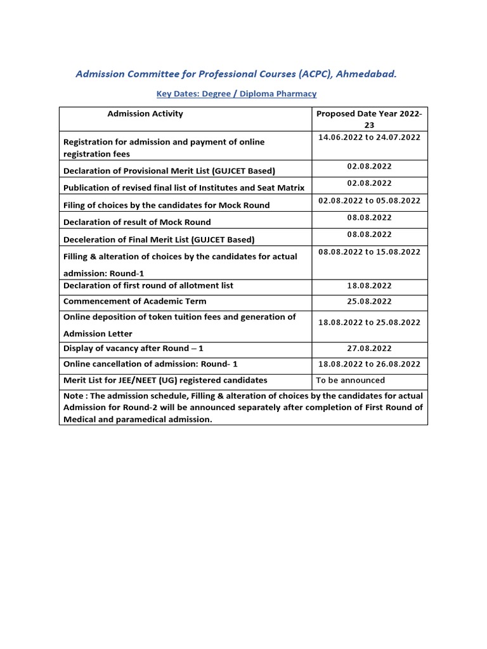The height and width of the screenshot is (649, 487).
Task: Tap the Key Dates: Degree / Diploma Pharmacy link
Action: pyautogui.click(x=237, y=94)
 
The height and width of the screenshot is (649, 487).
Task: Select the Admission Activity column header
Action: pyautogui.click(x=145, y=113)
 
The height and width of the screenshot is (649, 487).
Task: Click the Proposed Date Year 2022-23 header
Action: pyautogui.click(x=369, y=119)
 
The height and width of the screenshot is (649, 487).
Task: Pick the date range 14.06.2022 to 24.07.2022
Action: pyautogui.click(x=369, y=137)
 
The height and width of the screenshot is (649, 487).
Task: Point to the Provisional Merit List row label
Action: pyautogui.click(x=169, y=170)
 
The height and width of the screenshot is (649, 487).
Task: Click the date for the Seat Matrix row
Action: pyautogui.click(x=369, y=183)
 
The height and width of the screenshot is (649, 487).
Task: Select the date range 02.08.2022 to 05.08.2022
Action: pyautogui.click(x=369, y=200)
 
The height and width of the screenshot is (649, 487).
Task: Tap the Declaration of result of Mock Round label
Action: pyautogui.click(x=137, y=222)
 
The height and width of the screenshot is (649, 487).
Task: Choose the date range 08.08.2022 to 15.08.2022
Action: pyautogui.click(x=369, y=252)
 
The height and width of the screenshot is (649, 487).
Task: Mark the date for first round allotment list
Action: pyautogui.click(x=369, y=286)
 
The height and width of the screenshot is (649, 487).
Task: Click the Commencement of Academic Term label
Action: pyautogui.click(x=134, y=302)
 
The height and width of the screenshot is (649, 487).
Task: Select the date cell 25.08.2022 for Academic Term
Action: pyautogui.click(x=369, y=302)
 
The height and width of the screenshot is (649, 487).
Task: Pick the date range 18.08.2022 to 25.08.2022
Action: pyautogui.click(x=369, y=322)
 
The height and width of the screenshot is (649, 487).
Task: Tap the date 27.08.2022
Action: pyautogui.click(x=369, y=349)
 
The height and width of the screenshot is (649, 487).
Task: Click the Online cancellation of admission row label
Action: pyautogui.click(x=150, y=364)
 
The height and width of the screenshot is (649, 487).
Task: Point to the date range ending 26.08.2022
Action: pyautogui.click(x=369, y=364)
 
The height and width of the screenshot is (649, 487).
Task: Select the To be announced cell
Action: pyautogui.click(x=350, y=380)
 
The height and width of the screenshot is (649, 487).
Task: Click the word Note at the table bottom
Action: pyautogui.click(x=74, y=396)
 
